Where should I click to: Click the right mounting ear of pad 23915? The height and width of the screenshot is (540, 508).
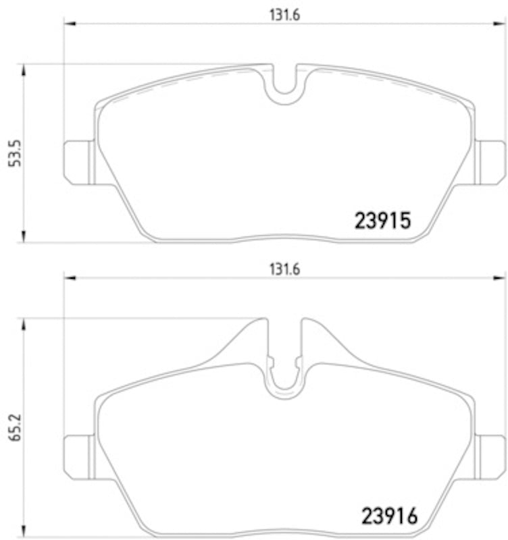click(x=490, y=162)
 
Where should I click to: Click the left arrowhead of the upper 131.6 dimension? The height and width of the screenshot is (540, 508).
click(x=68, y=26)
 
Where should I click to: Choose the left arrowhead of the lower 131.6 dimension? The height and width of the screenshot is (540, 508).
click(x=68, y=277)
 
